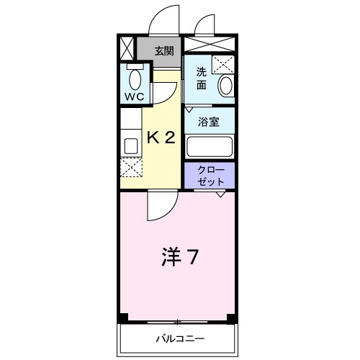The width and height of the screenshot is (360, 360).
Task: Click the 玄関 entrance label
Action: coord(164,50)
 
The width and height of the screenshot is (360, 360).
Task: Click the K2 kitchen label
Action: coord(161,137)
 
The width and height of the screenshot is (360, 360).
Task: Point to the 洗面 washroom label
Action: coord(202,78)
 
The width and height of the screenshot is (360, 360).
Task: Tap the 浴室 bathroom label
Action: coord(210,122)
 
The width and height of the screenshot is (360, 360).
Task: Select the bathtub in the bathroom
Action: coord(210,147)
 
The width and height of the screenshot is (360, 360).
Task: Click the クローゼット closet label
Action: coord(210,176)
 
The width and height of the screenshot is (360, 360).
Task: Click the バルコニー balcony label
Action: coord(179,338)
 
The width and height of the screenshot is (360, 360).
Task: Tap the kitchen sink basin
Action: coord(131,145)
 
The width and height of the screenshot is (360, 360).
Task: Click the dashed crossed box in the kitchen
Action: coord(131,167)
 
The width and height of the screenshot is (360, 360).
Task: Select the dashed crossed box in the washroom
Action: coord(225,64)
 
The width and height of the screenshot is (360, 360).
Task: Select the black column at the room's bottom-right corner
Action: coord(231,318)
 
